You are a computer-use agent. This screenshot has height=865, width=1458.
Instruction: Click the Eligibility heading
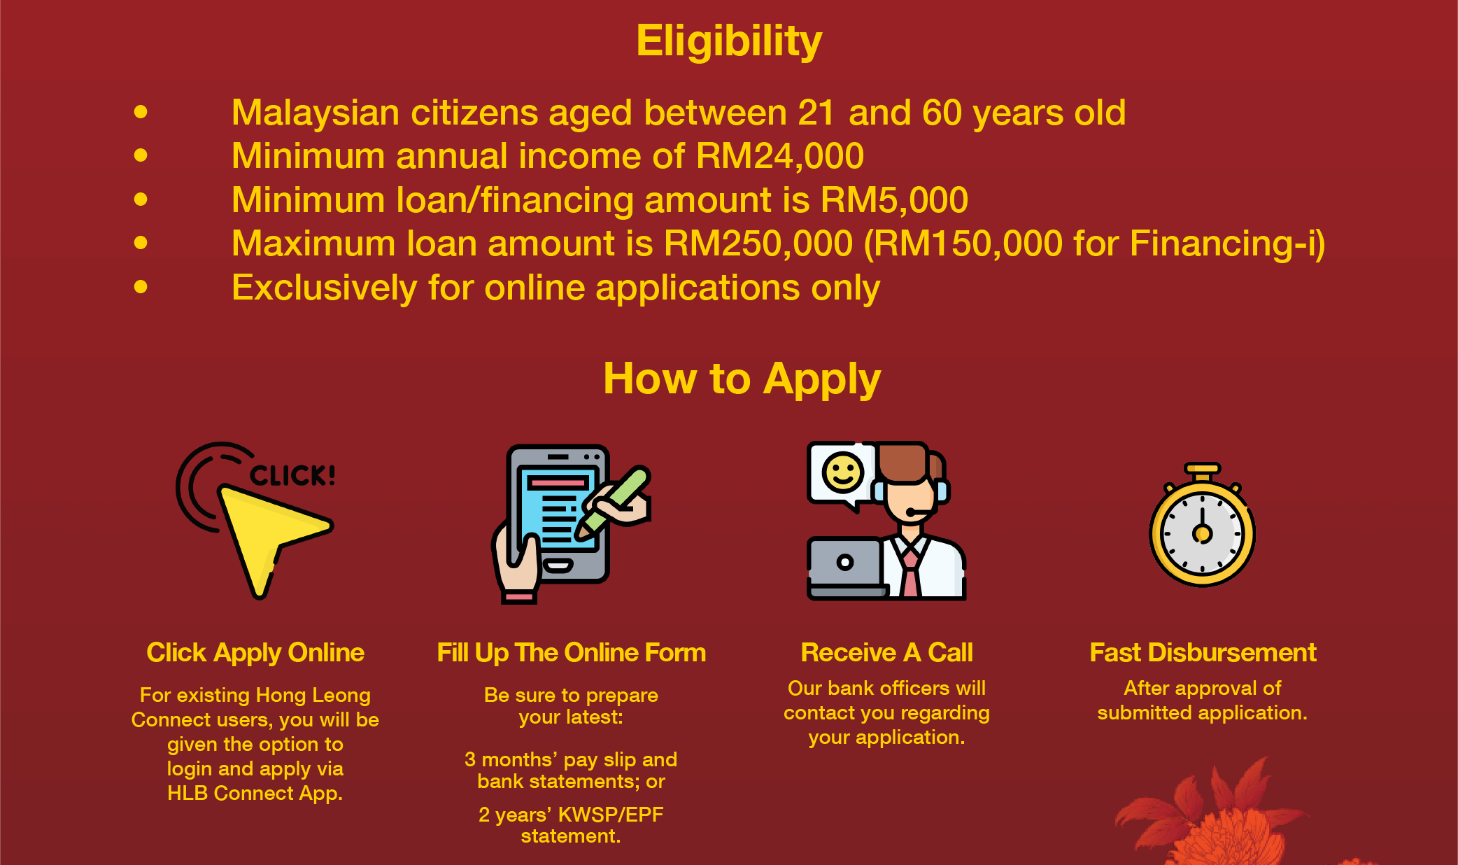coord(729,42)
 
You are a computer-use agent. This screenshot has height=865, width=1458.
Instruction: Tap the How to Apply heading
coord(742,379)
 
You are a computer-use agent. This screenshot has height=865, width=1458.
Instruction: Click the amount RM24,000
coord(780,156)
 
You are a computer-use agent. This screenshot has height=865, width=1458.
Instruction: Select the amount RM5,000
coord(894,200)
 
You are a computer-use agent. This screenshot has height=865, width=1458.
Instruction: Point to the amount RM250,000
coord(758,244)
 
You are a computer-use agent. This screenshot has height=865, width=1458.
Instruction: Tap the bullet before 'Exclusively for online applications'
coord(141,286)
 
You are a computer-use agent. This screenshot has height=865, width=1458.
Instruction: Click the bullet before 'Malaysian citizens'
coord(141,111)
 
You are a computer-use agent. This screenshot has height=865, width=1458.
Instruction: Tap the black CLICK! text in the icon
coord(292,476)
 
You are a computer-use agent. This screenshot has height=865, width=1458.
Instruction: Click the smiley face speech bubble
coord(842,474)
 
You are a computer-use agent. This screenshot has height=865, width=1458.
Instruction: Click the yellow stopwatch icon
coord(1203,525)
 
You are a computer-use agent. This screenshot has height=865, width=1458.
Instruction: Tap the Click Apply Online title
coord(255,652)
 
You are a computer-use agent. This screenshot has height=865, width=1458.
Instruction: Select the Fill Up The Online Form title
coord(572,652)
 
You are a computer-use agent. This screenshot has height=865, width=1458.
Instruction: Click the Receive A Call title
coord(887,652)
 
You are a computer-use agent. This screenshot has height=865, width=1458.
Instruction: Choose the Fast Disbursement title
coord(1203,652)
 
